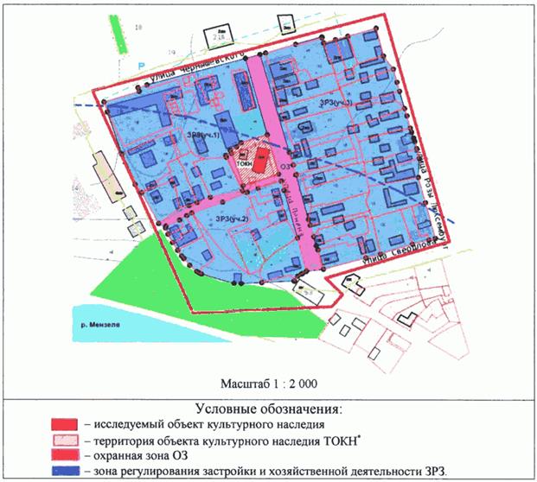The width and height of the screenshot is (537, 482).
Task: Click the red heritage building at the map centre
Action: tap(260, 161)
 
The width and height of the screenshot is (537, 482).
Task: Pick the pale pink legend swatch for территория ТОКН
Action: tap(66, 439)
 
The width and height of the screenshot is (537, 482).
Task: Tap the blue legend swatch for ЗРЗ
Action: tap(66, 470)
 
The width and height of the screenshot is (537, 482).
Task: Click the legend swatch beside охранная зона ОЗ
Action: tap(66, 454)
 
